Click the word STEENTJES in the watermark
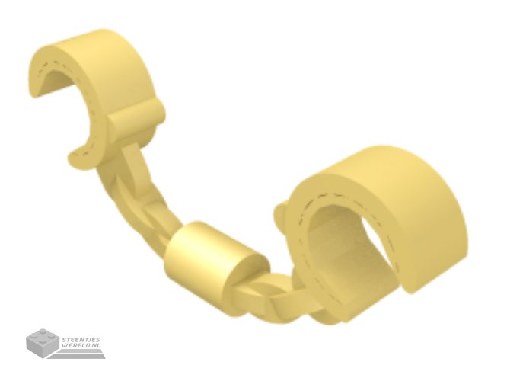click(x=81, y=339)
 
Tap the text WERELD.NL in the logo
click(x=81, y=345)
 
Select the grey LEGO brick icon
click(x=43, y=343)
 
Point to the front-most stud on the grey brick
click(x=43, y=341)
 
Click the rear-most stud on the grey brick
click(x=43, y=331)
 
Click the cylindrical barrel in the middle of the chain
click(x=213, y=256)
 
